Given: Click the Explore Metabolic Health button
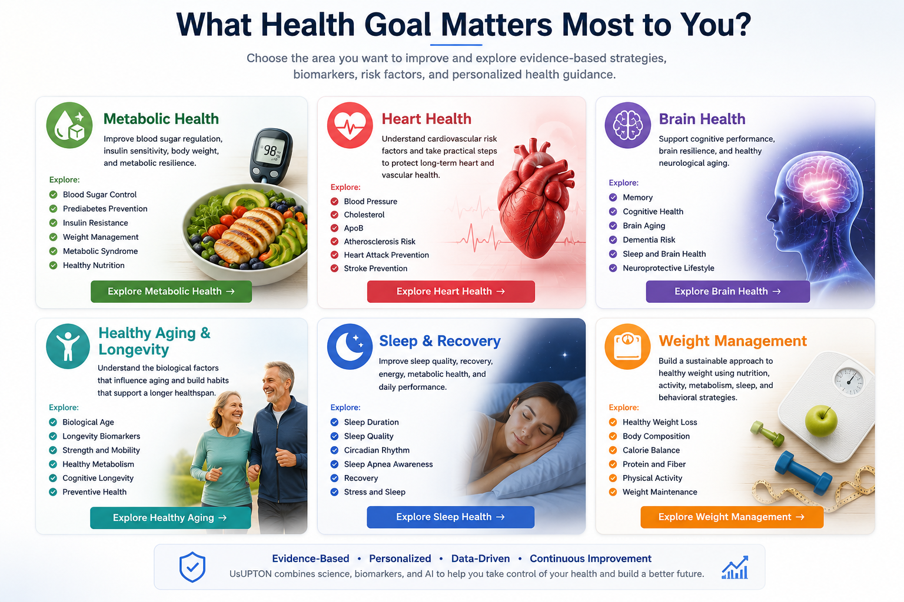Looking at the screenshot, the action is [171, 291].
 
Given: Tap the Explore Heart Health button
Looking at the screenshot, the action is [451, 291].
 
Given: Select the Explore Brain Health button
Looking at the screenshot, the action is [727, 291].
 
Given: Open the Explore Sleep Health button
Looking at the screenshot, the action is [450, 517].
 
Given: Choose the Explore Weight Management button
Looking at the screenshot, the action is [732, 517].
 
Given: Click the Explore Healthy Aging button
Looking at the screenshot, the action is [170, 518].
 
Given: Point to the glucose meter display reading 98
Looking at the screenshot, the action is [270, 151].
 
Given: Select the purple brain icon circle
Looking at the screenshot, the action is [627, 125].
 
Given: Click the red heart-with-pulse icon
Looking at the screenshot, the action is [350, 125].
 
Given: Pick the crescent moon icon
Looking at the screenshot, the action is [350, 347].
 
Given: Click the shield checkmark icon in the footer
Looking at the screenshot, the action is [192, 567].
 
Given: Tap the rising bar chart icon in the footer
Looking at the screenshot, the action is [735, 567].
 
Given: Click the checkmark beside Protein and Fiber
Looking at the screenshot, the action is [613, 464].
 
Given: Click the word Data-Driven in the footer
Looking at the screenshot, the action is [480, 558].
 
